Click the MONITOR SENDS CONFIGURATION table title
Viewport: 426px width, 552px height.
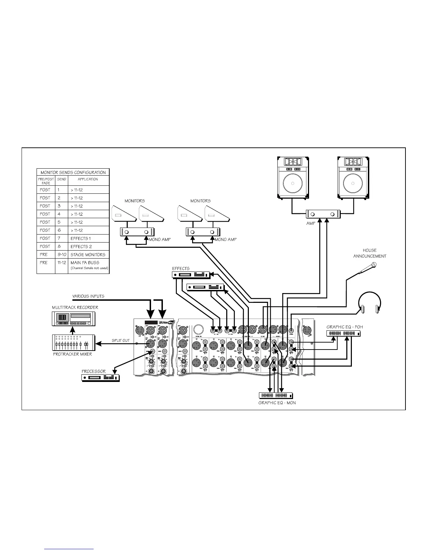point(73,172)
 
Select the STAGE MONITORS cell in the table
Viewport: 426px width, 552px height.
point(88,254)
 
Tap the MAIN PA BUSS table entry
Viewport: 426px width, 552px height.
point(85,262)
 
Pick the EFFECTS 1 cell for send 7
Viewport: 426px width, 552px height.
point(80,238)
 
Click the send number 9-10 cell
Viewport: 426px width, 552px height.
point(62,254)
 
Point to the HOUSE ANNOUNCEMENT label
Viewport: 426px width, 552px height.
point(370,253)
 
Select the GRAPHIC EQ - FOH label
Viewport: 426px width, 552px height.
point(345,327)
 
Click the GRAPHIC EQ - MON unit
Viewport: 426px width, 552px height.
point(276,396)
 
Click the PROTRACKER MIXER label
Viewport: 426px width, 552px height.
point(72,354)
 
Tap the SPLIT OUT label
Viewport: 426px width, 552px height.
point(120,340)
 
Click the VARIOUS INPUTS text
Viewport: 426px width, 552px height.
point(88,296)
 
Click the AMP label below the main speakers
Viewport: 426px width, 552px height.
point(310,223)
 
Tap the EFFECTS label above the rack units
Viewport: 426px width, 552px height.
point(181,269)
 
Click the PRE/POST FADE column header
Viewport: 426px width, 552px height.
point(46,181)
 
